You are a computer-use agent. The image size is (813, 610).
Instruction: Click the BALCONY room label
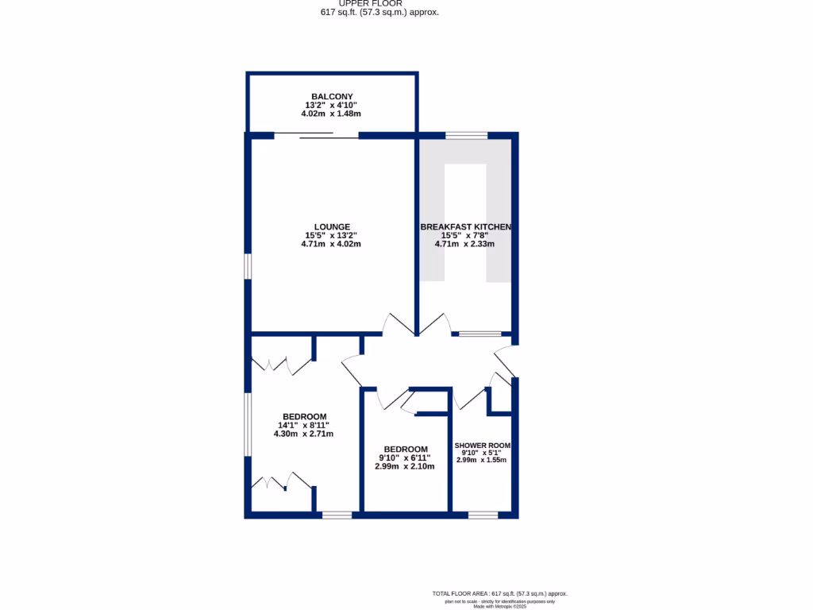(x=331, y=97)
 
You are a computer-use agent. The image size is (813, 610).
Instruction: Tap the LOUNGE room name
(x=331, y=226)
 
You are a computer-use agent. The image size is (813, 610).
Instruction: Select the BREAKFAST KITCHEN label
(x=465, y=227)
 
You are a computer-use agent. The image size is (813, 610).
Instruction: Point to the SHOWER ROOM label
(x=482, y=446)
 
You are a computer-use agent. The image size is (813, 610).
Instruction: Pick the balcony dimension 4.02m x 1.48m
(x=331, y=114)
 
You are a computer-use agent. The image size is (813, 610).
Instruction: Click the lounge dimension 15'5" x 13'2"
(x=331, y=235)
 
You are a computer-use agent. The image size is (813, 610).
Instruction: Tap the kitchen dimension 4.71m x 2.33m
(x=464, y=244)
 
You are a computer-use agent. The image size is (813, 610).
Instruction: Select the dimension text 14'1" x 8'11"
(x=302, y=425)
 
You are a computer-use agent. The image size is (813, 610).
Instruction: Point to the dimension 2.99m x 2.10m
(x=405, y=466)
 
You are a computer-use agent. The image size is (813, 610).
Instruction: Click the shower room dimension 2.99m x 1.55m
(x=482, y=460)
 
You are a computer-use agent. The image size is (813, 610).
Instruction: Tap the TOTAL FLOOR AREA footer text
(x=499, y=593)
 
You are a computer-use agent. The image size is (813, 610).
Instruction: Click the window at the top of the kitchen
(x=466, y=136)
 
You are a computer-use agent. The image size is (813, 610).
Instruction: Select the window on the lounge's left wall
(x=248, y=266)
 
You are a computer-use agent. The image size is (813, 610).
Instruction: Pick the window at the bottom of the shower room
(x=483, y=515)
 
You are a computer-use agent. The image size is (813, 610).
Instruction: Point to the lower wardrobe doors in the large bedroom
(x=279, y=481)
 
